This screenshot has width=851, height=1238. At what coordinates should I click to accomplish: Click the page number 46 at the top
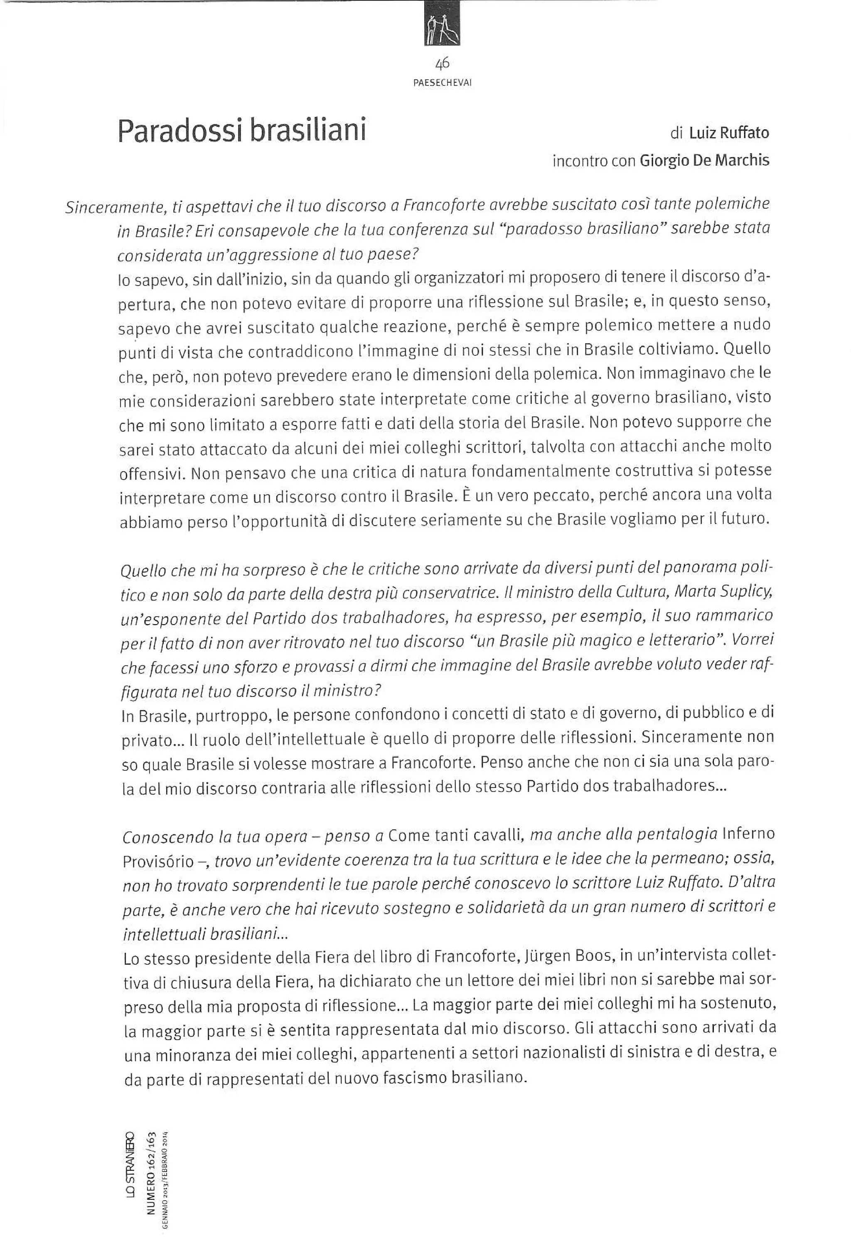[442, 64]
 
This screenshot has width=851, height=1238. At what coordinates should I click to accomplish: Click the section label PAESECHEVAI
[442, 83]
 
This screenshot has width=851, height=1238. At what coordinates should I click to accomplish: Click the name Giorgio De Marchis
[704, 160]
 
